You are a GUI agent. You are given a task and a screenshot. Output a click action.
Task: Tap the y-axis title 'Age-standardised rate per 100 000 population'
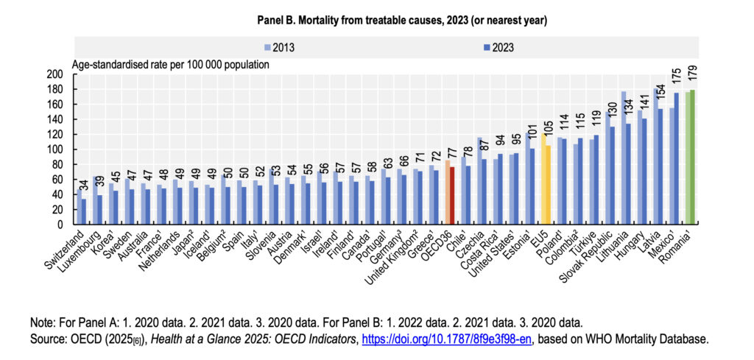170,64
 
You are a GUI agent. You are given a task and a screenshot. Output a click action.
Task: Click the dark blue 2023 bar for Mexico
676,158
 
